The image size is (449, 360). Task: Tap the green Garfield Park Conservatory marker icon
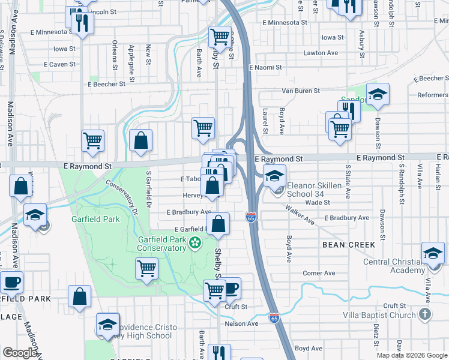tap(194, 243)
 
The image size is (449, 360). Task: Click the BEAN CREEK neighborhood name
tap(349, 245)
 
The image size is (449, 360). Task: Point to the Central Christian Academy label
tap(393, 266)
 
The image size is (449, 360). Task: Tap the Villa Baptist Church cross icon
tap(424, 314)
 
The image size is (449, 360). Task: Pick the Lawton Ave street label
tap(321, 53)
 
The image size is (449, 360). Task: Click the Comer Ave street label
tap(319, 273)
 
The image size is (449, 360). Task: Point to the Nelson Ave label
tap(241, 324)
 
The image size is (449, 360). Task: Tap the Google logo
tap(20, 353)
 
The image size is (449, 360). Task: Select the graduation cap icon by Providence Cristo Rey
tap(107, 325)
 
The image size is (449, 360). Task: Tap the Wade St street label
tap(318, 203)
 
